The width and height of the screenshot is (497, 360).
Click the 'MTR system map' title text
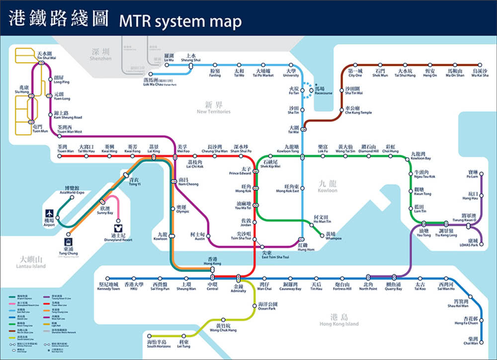point(180,21)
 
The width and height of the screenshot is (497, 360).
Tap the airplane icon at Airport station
point(49,213)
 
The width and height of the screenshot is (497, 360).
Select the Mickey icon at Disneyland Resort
point(115,228)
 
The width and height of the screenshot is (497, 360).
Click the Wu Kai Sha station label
point(480,73)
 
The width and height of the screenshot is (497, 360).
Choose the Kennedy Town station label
point(108,286)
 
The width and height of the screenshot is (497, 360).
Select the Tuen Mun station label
point(40,129)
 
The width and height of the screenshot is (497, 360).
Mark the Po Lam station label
point(472,174)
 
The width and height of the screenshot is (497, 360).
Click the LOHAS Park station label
point(469,243)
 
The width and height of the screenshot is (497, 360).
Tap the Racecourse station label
point(323,90)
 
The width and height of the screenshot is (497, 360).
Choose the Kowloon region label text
point(328,187)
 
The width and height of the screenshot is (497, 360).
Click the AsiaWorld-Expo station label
point(72,190)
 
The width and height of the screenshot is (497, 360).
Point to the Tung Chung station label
point(68,251)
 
